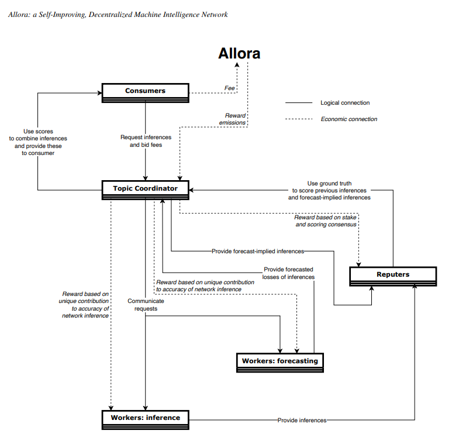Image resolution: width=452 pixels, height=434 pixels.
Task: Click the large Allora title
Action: (x=239, y=54)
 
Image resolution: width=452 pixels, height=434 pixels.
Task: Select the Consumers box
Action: (x=145, y=91)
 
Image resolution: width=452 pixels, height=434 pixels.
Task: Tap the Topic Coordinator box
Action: (x=145, y=189)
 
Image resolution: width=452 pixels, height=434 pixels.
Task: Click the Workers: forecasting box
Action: (x=280, y=361)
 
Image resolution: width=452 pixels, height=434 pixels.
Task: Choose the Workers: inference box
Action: (x=146, y=418)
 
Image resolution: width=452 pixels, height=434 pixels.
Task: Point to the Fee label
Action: (x=230, y=88)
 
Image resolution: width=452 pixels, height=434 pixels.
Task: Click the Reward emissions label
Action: (x=233, y=119)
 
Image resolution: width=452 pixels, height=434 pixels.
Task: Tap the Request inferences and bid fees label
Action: (x=146, y=141)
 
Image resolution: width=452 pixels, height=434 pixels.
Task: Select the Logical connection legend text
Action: (x=345, y=103)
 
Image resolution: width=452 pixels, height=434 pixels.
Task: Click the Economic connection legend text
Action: (x=349, y=119)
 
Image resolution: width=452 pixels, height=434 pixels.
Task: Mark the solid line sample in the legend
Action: (x=298, y=103)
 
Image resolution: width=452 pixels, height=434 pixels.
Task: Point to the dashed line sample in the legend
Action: (x=298, y=119)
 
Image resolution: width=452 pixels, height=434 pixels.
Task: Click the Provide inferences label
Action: (x=302, y=420)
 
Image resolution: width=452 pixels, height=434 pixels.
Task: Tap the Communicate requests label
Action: (x=146, y=305)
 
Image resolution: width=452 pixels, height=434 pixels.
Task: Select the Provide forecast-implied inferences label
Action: (x=258, y=251)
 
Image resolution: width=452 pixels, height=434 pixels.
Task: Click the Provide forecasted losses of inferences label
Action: (x=289, y=273)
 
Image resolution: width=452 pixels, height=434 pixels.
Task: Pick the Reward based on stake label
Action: (x=326, y=221)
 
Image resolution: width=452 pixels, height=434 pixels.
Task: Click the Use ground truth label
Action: (x=329, y=190)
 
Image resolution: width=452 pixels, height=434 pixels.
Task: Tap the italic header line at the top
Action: (x=118, y=15)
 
